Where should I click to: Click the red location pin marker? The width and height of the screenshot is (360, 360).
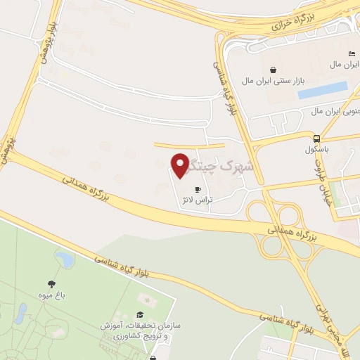(x=182, y=165)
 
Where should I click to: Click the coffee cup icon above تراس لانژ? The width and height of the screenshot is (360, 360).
(x=198, y=189)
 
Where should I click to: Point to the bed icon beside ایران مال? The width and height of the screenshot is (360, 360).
(x=352, y=54)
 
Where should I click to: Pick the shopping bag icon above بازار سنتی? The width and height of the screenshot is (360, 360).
(x=273, y=70)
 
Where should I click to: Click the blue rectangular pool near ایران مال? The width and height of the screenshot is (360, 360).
(x=323, y=90)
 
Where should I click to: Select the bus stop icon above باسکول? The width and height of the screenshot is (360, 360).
(x=317, y=138)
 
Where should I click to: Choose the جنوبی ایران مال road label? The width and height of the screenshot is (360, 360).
(x=336, y=112)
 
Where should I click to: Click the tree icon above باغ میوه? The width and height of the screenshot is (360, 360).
(x=52, y=285)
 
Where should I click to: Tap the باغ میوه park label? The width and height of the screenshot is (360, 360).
(x=52, y=297)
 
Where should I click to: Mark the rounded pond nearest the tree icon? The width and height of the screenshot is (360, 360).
(x=65, y=260)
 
